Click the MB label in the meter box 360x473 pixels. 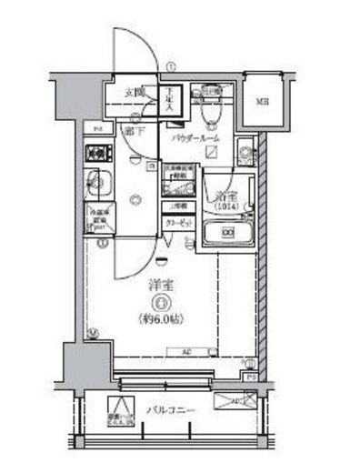point(261,101)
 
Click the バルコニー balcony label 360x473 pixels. point(166,409)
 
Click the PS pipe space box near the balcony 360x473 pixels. point(251,375)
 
